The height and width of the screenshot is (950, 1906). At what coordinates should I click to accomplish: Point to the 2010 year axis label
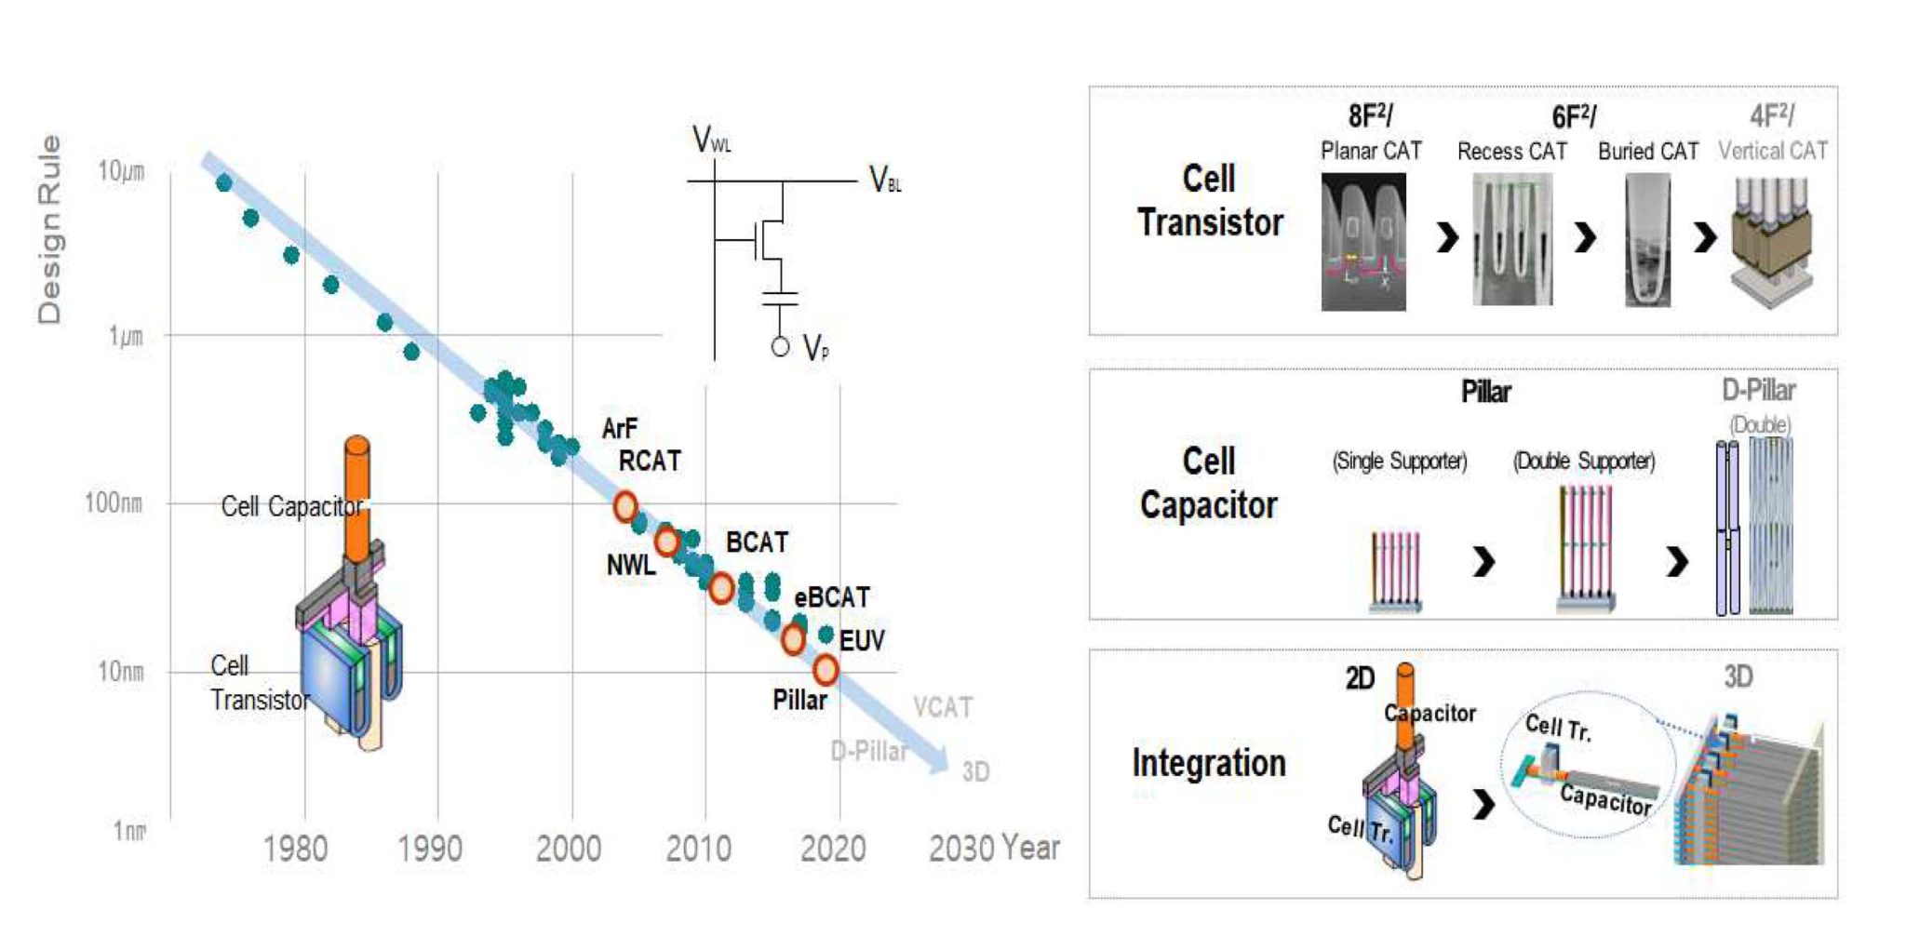pos(698,849)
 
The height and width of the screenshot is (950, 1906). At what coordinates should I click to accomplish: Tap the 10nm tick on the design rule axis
pos(121,671)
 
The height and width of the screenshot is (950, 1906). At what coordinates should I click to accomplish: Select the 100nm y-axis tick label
pos(114,503)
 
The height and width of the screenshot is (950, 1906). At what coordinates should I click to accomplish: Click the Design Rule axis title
pos(49,230)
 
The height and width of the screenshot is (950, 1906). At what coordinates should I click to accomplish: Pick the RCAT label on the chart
pos(650,462)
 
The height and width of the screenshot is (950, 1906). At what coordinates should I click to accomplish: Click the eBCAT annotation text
pos(831,597)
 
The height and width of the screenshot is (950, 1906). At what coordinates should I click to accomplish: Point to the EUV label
pos(862,641)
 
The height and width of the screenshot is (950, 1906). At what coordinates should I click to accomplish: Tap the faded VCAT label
pos(943,708)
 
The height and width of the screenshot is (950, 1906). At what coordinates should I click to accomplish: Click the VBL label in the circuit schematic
pos(884,180)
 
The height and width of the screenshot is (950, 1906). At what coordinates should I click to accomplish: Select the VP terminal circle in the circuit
pos(780,347)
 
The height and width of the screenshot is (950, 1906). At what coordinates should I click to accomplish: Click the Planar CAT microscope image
pos(1363,242)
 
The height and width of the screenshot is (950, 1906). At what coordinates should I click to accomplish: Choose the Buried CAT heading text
pos(1647,152)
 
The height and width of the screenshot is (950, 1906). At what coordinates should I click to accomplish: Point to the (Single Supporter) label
pos(1399,462)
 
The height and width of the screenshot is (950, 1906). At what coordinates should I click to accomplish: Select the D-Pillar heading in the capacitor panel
pos(1758,391)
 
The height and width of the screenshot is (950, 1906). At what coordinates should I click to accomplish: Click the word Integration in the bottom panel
pos(1208,763)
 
